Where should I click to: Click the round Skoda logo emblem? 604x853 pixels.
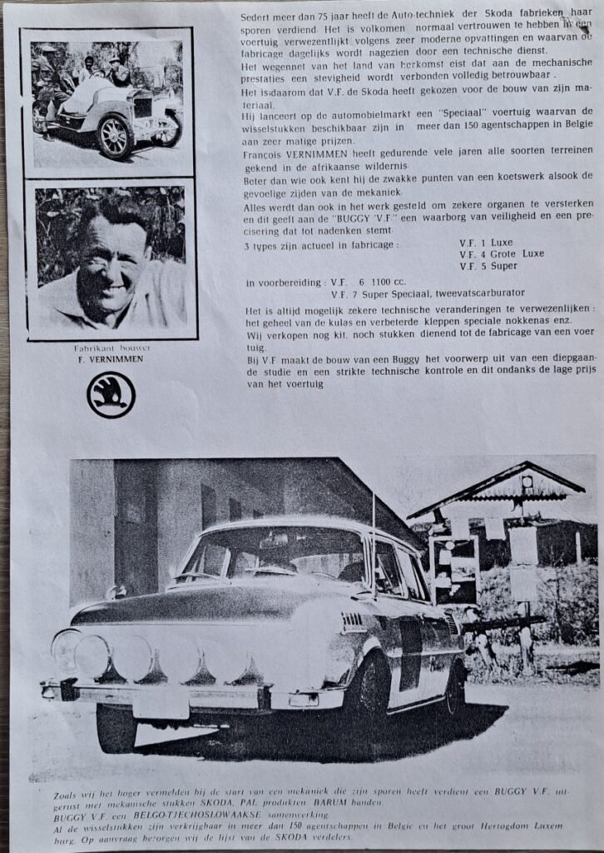111,395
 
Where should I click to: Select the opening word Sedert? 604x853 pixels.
255,16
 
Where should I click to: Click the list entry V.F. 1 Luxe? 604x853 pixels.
486,242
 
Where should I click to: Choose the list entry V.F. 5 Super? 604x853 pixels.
488,266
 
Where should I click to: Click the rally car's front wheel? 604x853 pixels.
116,726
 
